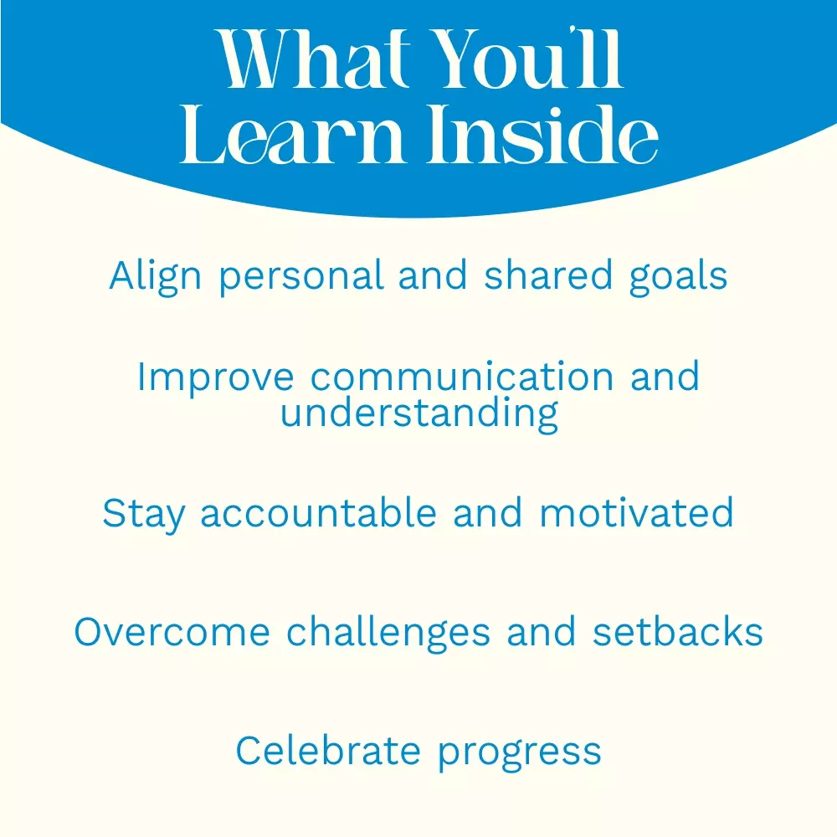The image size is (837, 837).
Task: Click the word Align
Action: click(x=155, y=276)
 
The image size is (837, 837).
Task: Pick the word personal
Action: click(x=301, y=276)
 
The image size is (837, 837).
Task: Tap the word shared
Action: click(x=547, y=275)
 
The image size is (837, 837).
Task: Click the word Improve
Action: click(x=216, y=378)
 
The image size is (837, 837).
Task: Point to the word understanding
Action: click(x=419, y=414)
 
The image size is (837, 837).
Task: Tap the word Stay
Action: click(x=144, y=515)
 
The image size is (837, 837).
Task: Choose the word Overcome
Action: click(x=172, y=632)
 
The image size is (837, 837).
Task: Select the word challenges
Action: click(x=388, y=633)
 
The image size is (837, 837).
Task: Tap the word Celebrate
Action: click(x=328, y=751)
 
